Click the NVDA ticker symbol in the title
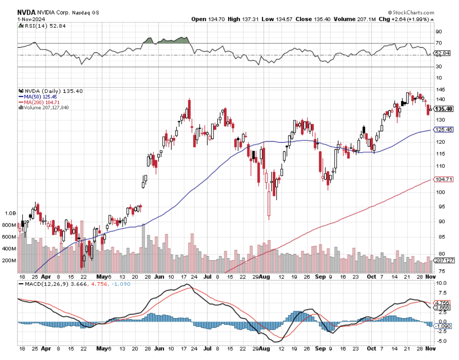click(x=26, y=12)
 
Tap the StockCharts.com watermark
click(x=411, y=12)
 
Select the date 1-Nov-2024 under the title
click(x=31, y=19)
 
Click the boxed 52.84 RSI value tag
click(x=442, y=53)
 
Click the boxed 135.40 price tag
click(x=444, y=109)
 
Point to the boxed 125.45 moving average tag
click(x=444, y=129)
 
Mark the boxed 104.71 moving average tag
click(x=444, y=179)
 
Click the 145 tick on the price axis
click(x=440, y=89)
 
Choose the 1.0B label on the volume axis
click(x=10, y=213)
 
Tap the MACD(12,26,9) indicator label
click(x=47, y=284)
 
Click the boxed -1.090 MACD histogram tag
click(x=443, y=326)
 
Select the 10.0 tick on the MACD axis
click(x=441, y=283)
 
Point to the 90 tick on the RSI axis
click(x=438, y=32)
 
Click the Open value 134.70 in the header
click(x=216, y=19)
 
